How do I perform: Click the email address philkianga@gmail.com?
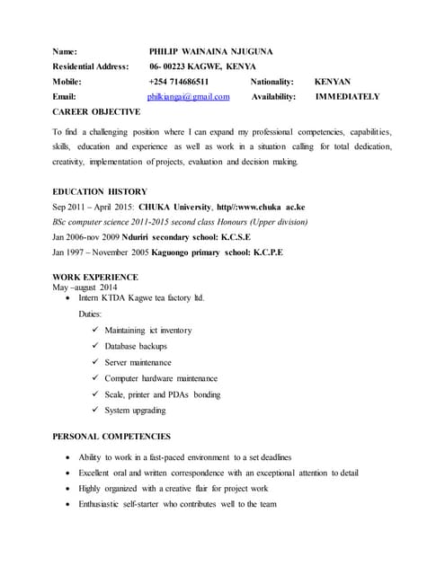[x=189, y=96]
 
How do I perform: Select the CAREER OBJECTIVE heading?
[x=96, y=112]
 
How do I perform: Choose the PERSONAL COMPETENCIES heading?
[x=111, y=437]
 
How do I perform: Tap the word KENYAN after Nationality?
[x=333, y=81]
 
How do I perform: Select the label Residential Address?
[x=91, y=66]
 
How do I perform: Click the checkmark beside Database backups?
[x=96, y=346]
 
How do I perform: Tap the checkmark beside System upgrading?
[x=96, y=411]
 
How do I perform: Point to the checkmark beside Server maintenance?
[x=96, y=362]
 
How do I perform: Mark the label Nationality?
[x=271, y=81]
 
